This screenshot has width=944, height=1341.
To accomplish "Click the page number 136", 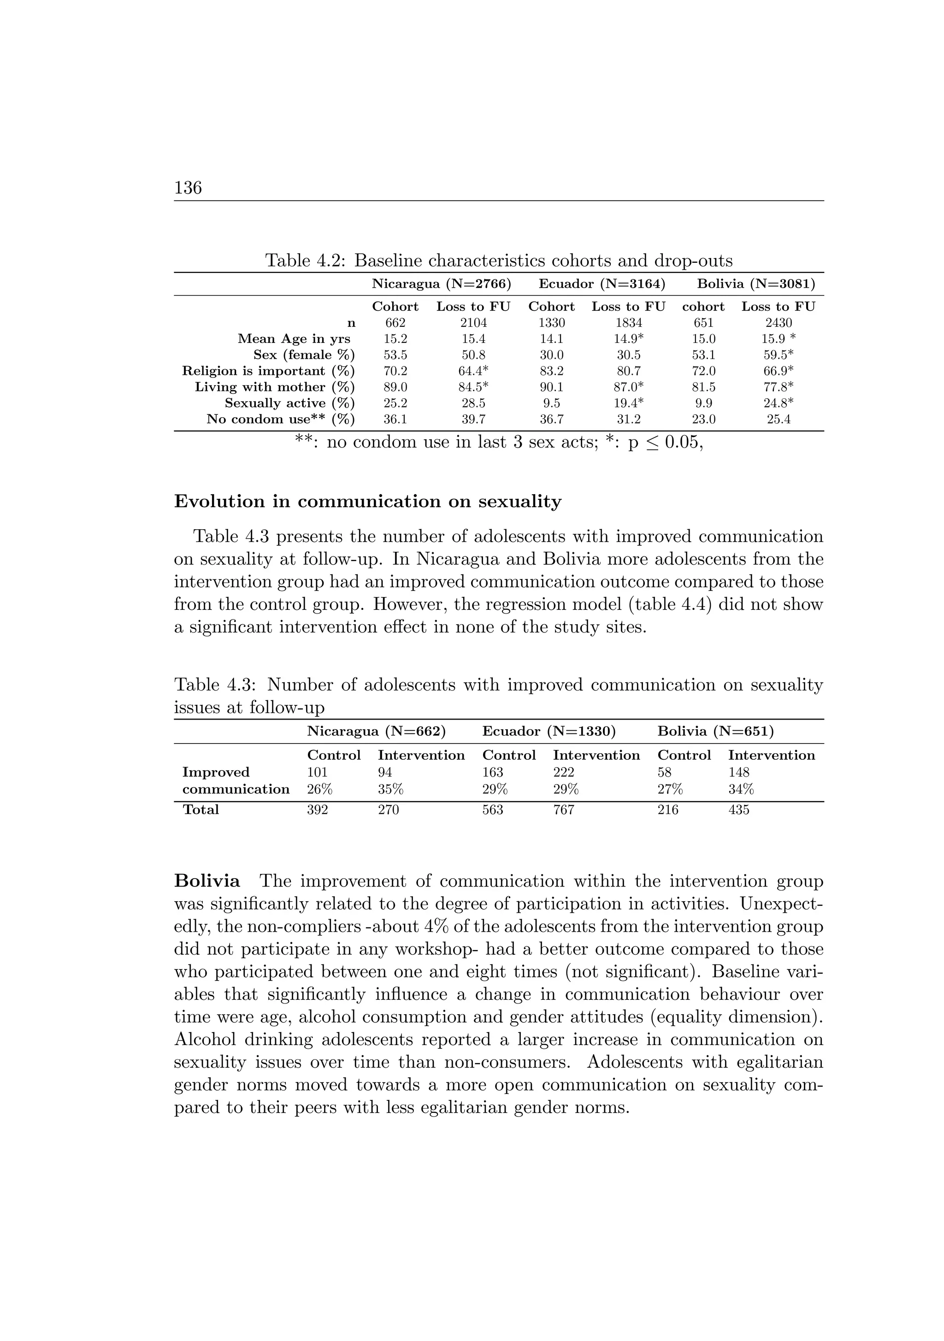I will click(188, 188).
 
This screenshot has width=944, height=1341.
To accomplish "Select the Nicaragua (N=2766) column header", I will click(442, 284).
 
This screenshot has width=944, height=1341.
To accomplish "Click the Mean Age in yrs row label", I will click(294, 339).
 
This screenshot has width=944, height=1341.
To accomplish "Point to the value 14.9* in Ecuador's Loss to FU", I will click(629, 339).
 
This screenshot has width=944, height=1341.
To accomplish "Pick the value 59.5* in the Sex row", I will click(778, 355).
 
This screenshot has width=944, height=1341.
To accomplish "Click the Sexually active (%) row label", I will click(290, 403).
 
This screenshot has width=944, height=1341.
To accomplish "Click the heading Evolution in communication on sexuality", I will click(367, 502).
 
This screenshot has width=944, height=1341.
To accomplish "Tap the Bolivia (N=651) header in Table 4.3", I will click(715, 731).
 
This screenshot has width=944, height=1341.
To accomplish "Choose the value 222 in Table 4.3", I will click(564, 772).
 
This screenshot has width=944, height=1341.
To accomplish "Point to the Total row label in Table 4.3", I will click(201, 809).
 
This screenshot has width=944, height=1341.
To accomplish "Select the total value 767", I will click(564, 810).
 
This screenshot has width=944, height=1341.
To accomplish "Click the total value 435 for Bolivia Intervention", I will click(738, 810).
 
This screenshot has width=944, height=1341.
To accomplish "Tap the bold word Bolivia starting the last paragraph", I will click(207, 881).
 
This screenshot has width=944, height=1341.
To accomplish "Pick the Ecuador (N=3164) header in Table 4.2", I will click(602, 284).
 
